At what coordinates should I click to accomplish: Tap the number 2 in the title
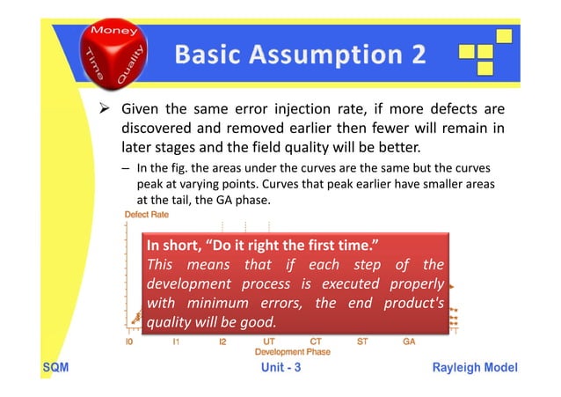414,55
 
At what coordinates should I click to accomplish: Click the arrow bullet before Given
103,110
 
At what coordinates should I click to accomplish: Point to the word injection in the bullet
310,110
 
